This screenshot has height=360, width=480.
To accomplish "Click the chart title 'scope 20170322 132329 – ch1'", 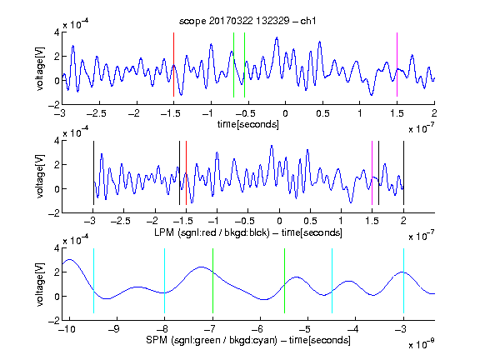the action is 247,21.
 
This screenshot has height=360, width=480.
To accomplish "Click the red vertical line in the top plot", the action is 173,65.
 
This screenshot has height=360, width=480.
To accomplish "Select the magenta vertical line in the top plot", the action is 397,65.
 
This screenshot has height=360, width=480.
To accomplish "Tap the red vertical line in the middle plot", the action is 186,173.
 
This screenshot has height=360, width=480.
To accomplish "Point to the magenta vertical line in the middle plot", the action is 372,173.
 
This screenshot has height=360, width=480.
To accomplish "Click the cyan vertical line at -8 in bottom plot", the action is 165,281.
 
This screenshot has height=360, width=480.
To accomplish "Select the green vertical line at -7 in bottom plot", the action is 212,281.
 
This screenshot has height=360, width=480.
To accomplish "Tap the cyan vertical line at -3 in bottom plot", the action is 403,281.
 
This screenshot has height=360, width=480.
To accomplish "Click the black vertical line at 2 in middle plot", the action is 403,173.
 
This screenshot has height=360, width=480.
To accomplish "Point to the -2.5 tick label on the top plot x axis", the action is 97,113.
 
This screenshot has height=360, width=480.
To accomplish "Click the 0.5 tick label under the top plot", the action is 322,113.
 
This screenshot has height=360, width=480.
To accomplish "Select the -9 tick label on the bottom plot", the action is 114,329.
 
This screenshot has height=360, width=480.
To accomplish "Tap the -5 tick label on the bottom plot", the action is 305,329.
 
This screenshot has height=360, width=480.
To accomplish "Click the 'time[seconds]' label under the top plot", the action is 248,125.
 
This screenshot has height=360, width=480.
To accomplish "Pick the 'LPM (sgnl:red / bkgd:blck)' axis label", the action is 212,232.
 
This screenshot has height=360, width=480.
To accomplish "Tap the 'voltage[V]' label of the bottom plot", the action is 40,284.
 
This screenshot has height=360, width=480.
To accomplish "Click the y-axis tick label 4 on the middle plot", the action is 57,141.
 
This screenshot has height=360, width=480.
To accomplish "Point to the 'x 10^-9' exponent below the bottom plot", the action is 422,344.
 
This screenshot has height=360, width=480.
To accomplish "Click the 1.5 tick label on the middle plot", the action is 372,221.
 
